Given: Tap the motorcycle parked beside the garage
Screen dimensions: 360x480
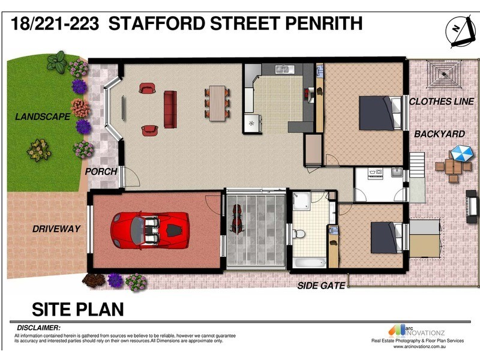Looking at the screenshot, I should pyautogui.click(x=237, y=220).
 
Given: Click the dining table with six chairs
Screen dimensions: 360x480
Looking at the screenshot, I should pyautogui.click(x=217, y=103).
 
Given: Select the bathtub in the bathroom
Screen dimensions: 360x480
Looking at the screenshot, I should pyautogui.click(x=309, y=262).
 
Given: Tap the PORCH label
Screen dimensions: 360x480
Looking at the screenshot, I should pyautogui.click(x=100, y=172).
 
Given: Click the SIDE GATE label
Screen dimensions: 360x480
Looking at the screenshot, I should pyautogui.click(x=321, y=286).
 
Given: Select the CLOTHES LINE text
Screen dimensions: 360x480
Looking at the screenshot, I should pyautogui.click(x=441, y=101).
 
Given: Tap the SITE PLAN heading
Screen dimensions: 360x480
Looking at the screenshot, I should pyautogui.click(x=77, y=309).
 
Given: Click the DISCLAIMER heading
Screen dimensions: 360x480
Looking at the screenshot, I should pyautogui.click(x=38, y=328).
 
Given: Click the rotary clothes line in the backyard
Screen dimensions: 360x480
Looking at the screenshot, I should pyautogui.click(x=444, y=74).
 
